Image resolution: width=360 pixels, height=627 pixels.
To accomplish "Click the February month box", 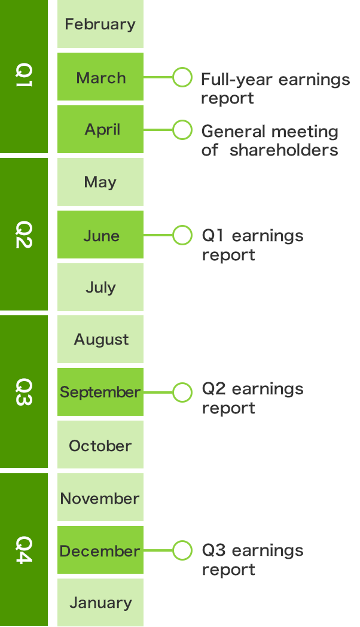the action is (100, 24).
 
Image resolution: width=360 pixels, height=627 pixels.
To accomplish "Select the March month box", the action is (100, 77).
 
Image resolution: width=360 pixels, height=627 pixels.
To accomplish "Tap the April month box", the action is (100, 129).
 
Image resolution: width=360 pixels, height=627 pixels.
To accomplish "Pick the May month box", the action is (100, 182).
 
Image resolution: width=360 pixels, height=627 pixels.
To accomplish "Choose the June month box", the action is (100, 235).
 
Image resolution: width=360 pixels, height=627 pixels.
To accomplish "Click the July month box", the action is (100, 287).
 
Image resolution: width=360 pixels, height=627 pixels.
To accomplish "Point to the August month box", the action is (100, 339).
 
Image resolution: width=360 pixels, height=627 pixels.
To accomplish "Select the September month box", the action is (100, 392).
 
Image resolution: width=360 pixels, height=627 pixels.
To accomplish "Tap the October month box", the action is (100, 445).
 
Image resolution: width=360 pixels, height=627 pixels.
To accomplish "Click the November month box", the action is (100, 497).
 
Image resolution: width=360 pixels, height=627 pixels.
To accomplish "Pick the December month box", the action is (100, 550).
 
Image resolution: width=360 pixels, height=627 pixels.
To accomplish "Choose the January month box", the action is (100, 602).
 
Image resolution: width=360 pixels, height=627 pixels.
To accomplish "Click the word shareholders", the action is (283, 150).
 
